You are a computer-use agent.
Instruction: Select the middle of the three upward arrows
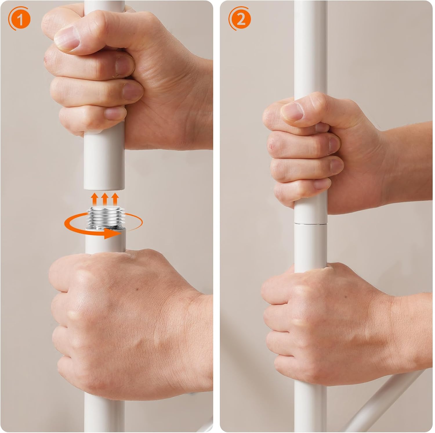105,199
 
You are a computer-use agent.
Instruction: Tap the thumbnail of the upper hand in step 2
293,112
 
